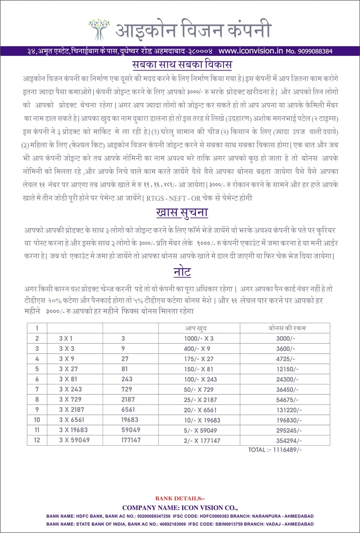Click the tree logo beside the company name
click(99, 29)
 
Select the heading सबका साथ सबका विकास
click(182, 65)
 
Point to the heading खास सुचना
click(182, 213)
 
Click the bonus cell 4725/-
click(285, 359)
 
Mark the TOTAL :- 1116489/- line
click(275, 450)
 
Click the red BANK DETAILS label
click(179, 499)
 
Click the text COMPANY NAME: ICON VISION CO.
click(180, 508)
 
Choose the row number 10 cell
click(37, 420)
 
